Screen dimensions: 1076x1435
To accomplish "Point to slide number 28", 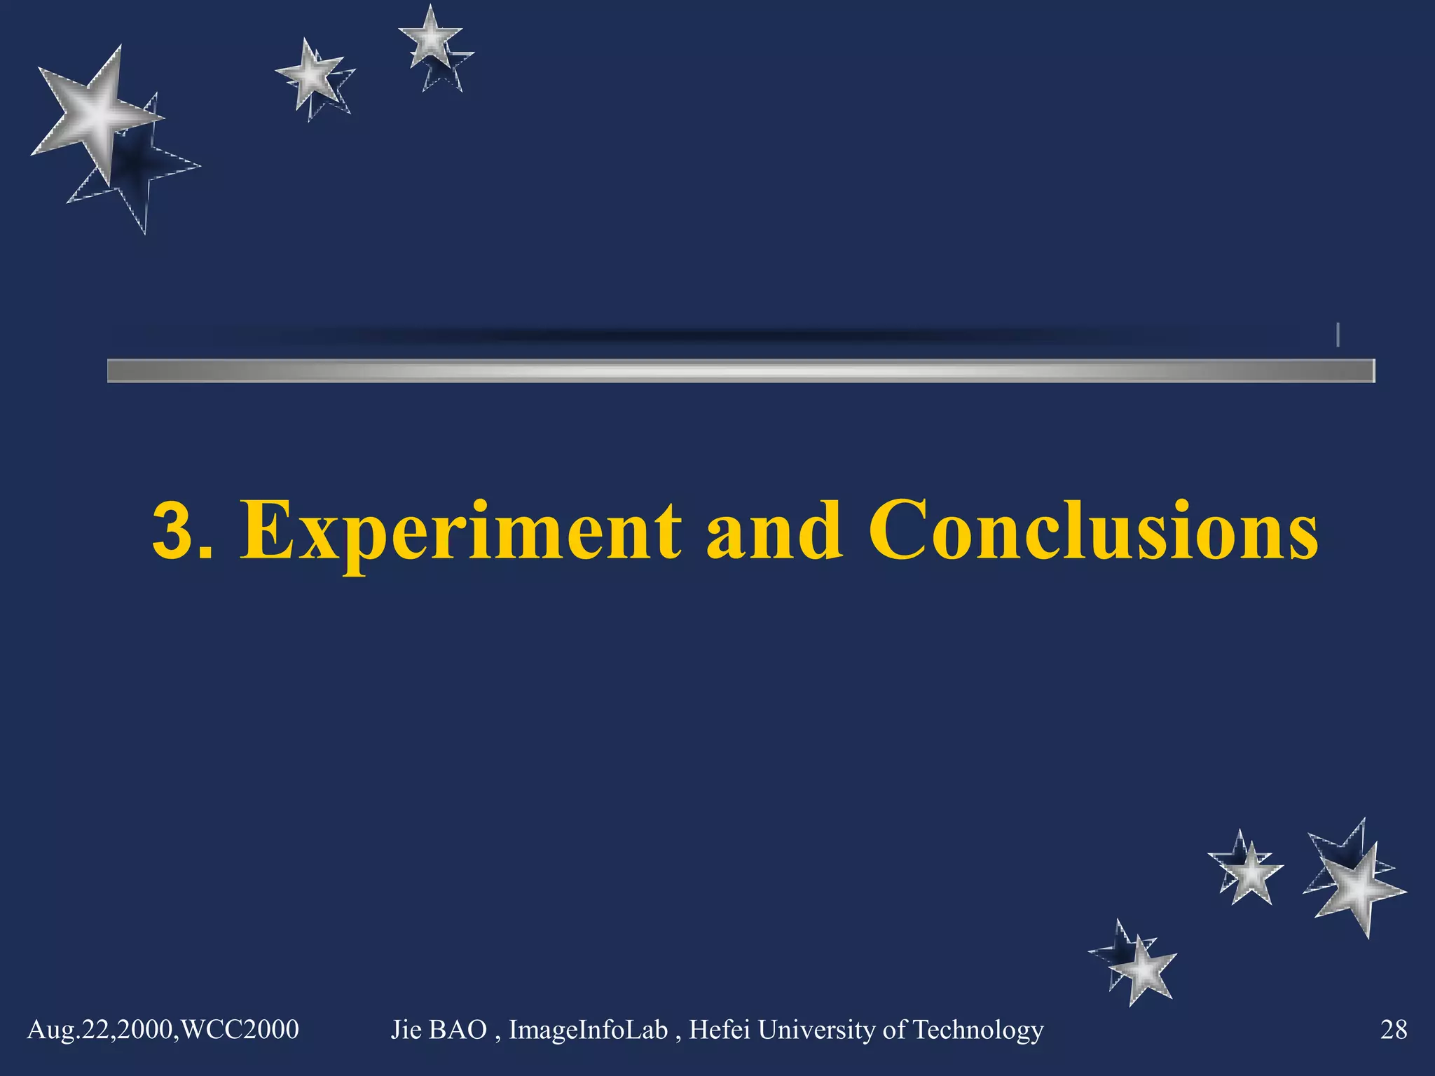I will [x=1393, y=1030].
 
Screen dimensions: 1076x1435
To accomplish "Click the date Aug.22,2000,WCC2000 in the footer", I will [x=163, y=1030].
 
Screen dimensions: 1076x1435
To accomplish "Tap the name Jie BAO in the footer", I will [x=438, y=1030].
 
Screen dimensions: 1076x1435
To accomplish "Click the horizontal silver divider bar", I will [x=741, y=371].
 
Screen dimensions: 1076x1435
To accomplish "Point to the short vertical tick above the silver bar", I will [x=1338, y=334].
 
